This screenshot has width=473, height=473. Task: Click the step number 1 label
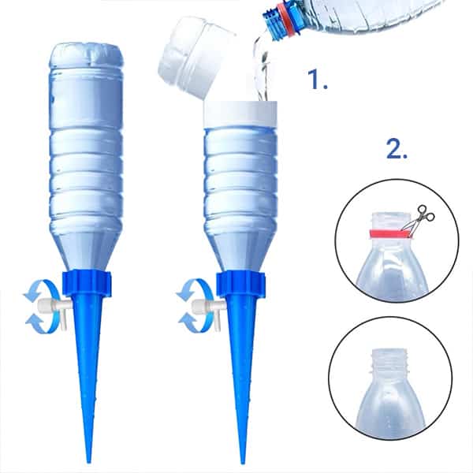(317, 80)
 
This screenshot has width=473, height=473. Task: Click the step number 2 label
(397, 149)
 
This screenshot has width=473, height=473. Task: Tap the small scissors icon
(419, 218)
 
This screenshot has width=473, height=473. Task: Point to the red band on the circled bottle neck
(389, 233)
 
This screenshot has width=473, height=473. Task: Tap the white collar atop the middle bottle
(240, 114)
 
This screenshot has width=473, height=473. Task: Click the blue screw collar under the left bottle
(87, 283)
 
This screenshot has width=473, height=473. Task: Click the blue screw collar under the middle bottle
(240, 283)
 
